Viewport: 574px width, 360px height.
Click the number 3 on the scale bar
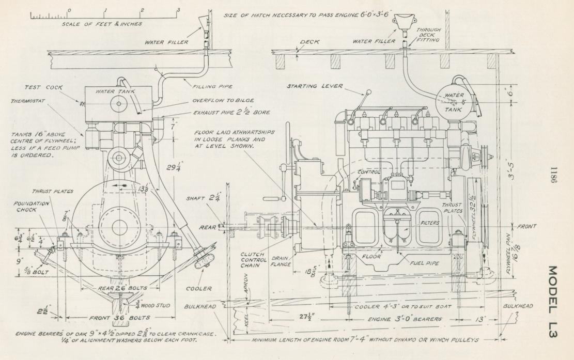[x=178, y=9]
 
